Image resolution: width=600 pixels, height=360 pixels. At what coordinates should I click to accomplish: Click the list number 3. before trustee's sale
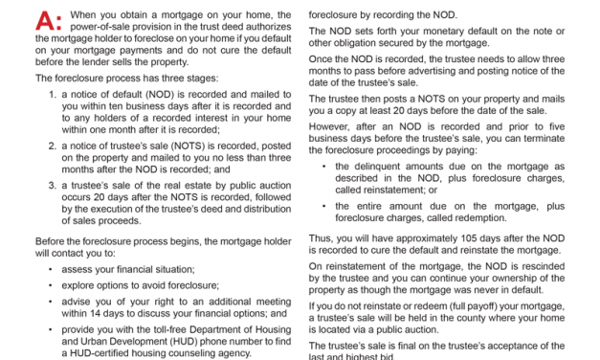[54, 185]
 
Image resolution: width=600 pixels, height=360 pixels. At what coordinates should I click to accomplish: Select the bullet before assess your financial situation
[49, 270]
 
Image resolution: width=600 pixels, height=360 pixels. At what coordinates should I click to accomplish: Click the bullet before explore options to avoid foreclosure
[49, 285]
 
